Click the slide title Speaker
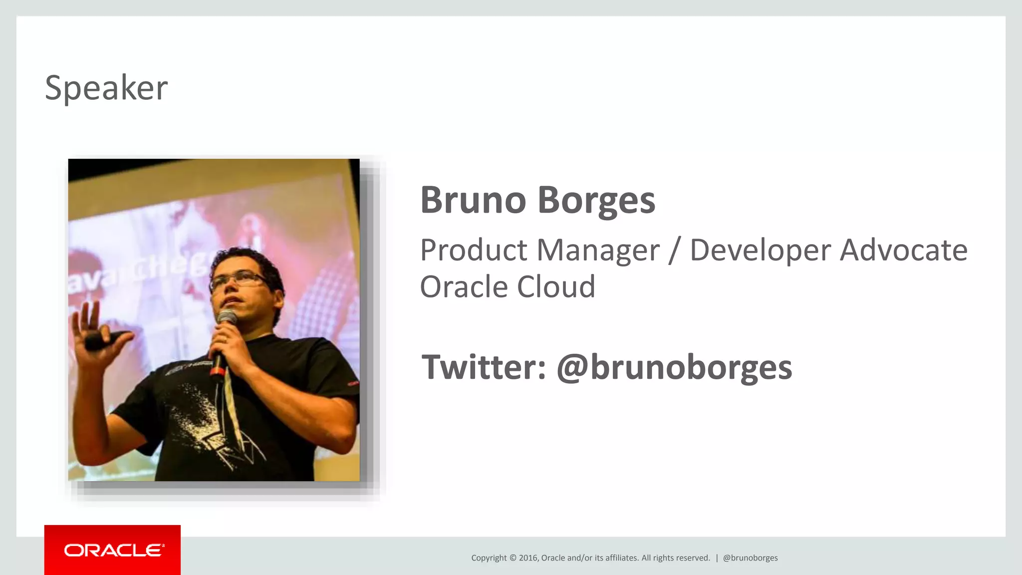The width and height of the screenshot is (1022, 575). [x=106, y=88]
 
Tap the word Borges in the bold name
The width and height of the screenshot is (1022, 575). [x=596, y=201]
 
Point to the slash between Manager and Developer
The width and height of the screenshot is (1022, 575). [x=674, y=251]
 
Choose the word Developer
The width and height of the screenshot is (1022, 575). [x=761, y=251]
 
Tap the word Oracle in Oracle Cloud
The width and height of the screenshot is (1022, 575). [x=464, y=287]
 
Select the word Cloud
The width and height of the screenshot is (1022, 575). [x=556, y=287]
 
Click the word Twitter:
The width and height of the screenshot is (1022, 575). [x=484, y=367]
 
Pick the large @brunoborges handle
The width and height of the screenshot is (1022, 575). [x=674, y=368]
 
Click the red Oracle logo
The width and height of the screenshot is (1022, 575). [x=113, y=550]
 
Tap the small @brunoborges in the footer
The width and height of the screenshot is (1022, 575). [x=750, y=558]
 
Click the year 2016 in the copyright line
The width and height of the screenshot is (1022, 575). [x=528, y=558]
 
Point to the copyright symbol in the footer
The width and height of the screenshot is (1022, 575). [x=512, y=558]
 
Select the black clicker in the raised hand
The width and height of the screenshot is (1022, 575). [x=102, y=340]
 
